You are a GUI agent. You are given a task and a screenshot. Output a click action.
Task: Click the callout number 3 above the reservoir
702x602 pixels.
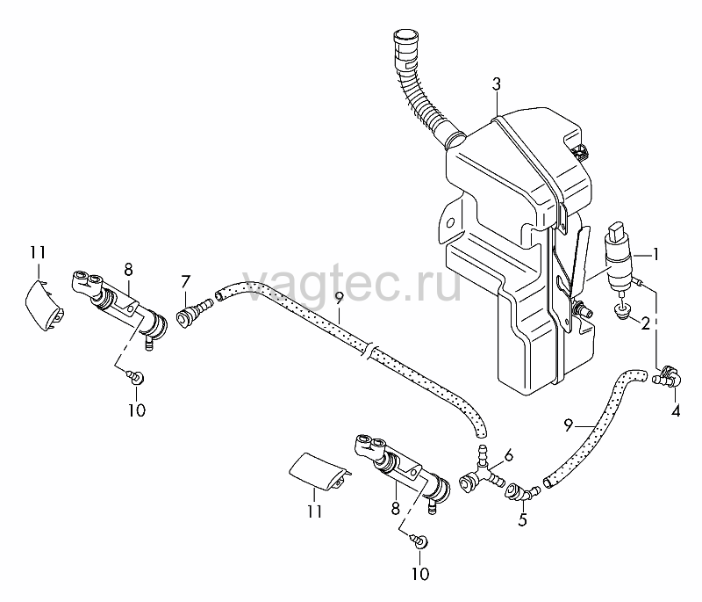tap(496, 84)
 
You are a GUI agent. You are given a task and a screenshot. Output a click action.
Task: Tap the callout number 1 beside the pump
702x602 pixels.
tap(655, 255)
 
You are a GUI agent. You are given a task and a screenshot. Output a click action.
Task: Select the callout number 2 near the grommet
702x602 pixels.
tap(645, 323)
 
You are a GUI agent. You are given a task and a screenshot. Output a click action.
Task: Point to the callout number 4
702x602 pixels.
tap(676, 410)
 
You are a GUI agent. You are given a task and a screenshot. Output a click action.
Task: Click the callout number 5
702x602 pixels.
tap(522, 519)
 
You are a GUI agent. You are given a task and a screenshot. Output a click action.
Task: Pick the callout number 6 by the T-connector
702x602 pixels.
tap(509, 456)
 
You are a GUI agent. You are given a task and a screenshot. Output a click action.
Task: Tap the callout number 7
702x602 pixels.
tap(185, 282)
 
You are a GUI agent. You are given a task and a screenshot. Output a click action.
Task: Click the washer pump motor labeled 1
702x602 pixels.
tap(619, 257)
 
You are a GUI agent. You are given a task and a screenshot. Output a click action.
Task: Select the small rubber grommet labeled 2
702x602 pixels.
tap(620, 312)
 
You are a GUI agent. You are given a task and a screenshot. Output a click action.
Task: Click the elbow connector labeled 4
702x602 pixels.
tap(668, 375)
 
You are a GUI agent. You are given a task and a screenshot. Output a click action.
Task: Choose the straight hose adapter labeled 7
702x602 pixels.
tap(193, 313)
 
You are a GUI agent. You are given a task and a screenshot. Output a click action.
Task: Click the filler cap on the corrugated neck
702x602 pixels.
tap(406, 38)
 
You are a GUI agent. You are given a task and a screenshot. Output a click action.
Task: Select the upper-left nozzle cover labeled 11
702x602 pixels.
tap(43, 305)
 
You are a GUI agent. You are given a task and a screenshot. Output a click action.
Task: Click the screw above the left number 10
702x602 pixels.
tap(135, 376)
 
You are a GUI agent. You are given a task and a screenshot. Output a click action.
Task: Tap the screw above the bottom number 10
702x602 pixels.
tap(419, 540)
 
